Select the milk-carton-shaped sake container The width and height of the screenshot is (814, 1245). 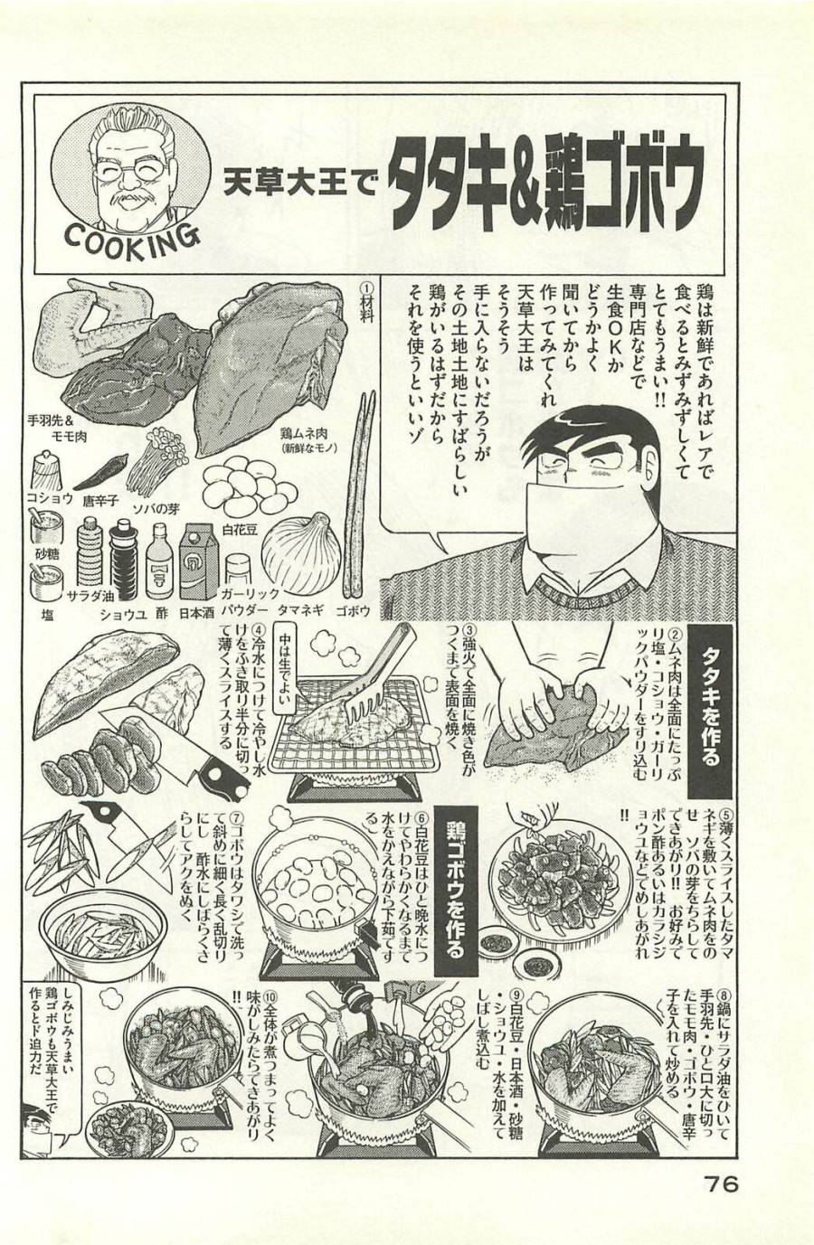click(199, 561)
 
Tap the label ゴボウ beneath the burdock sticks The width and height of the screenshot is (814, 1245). click(353, 611)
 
